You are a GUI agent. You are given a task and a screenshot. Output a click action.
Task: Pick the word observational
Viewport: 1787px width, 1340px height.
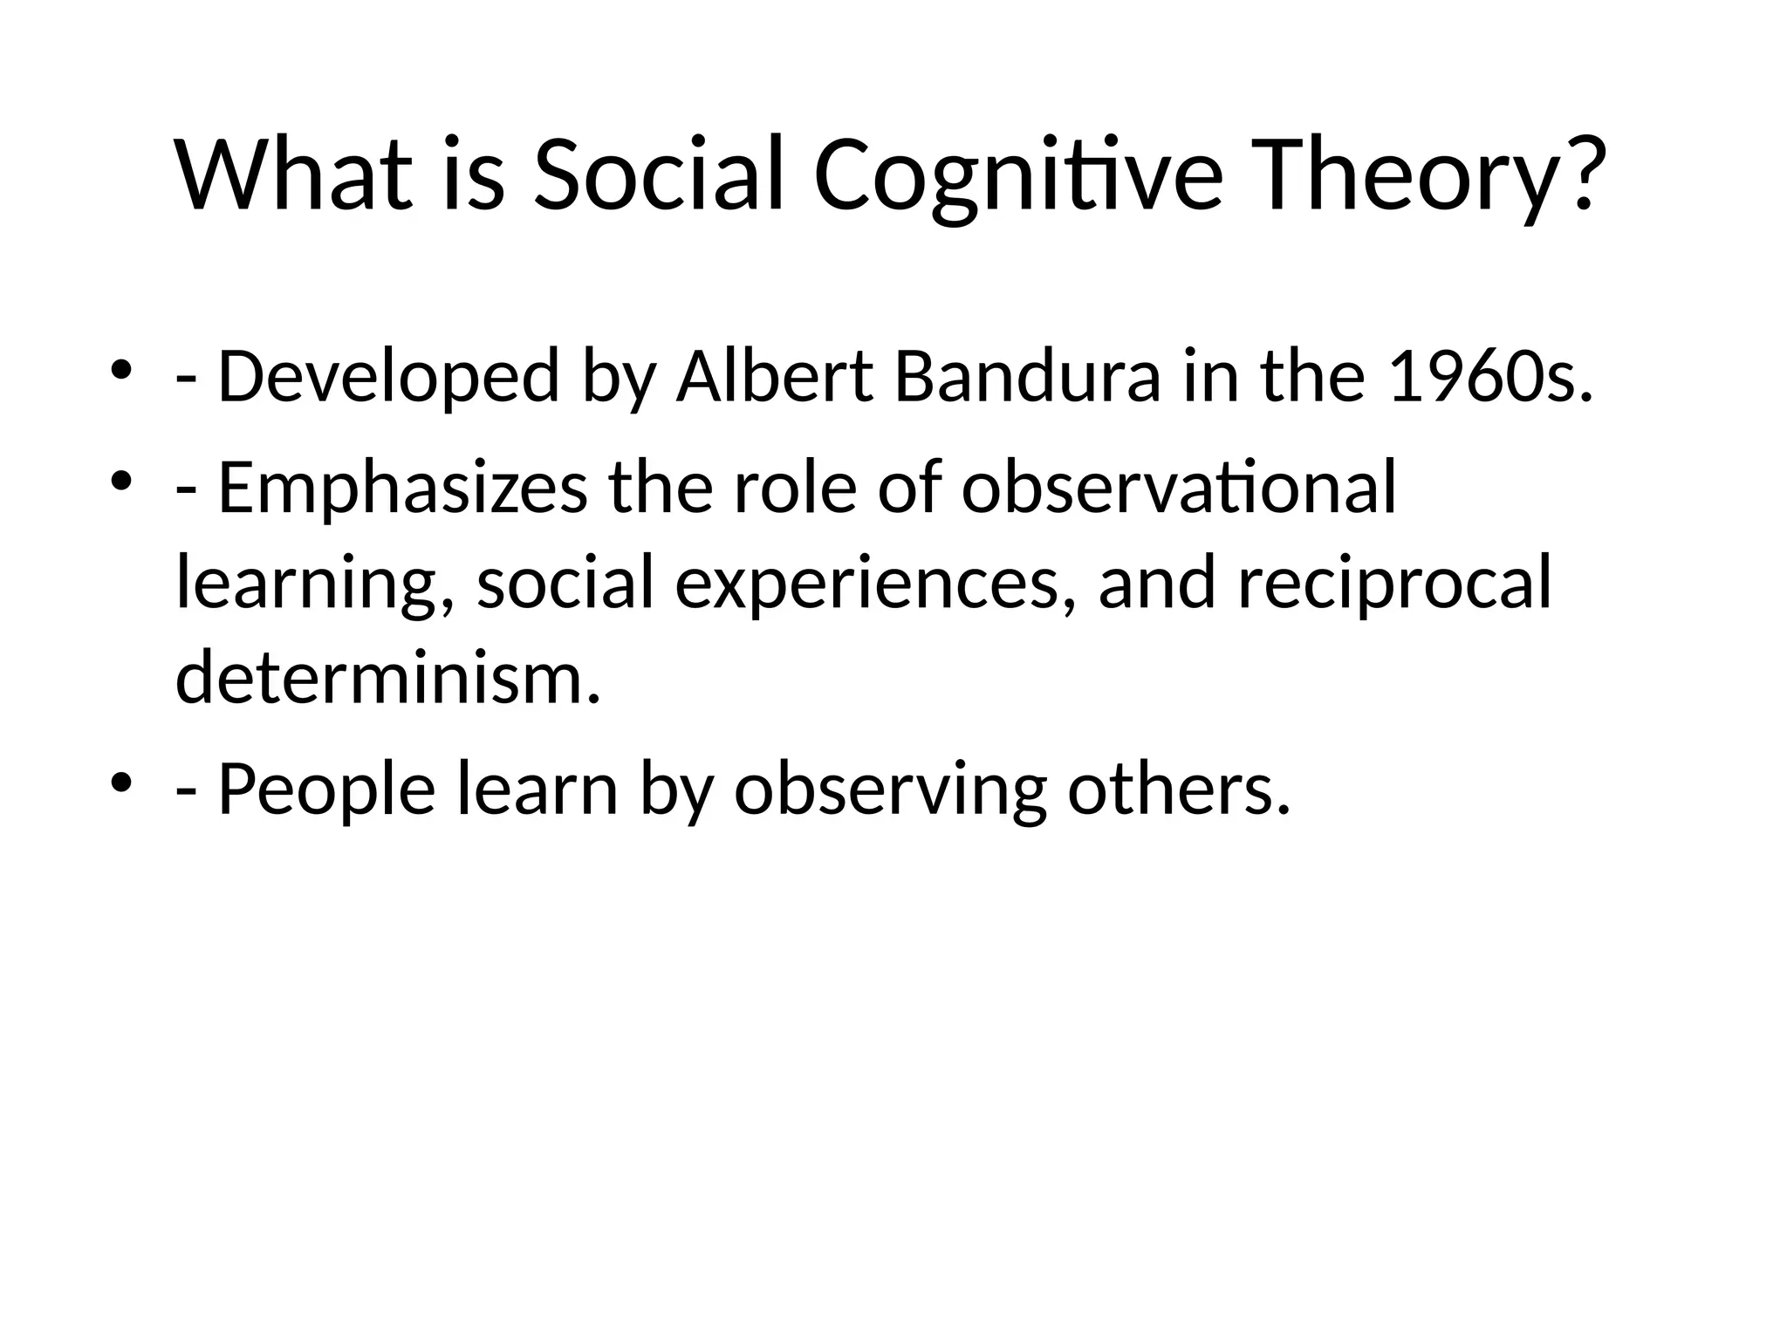[x=1179, y=489]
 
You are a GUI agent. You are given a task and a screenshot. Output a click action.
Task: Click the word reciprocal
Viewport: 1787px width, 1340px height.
[x=1394, y=583]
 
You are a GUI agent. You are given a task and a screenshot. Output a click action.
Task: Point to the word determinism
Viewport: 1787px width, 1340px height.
[x=388, y=678]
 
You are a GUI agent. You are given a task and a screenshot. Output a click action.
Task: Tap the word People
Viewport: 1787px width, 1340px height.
[x=326, y=790]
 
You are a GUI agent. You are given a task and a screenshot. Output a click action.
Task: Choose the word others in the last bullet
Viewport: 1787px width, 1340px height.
[x=1178, y=790]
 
